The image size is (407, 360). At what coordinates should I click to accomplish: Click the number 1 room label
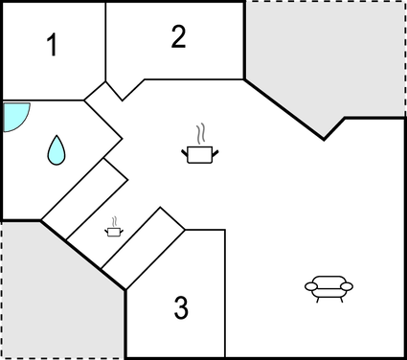click(x=54, y=45)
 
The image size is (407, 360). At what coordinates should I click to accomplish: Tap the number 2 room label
click(x=178, y=36)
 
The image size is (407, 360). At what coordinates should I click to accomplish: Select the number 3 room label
click(x=181, y=308)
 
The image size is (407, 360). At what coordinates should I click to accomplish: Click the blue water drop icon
click(x=57, y=148)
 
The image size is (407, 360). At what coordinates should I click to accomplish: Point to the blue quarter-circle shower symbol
click(x=14, y=116)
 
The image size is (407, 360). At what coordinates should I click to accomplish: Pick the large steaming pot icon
click(x=199, y=152)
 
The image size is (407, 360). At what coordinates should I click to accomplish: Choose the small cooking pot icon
click(x=114, y=230)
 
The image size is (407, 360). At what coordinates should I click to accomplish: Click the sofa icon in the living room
click(x=328, y=286)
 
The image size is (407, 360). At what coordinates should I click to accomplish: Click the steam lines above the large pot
click(x=199, y=132)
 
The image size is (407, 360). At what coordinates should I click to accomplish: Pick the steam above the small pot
click(x=114, y=219)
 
